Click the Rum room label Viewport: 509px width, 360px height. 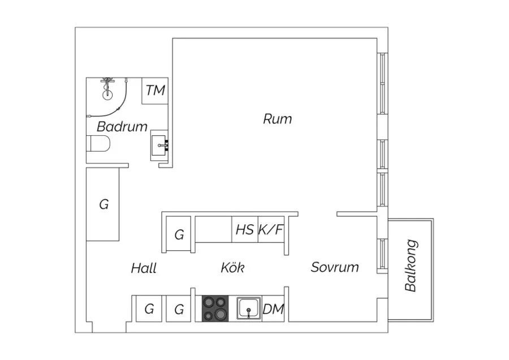pos(277,119)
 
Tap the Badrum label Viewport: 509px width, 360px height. pos(122,126)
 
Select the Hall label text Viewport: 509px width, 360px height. pos(144,268)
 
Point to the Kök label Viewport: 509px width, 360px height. pos(233,267)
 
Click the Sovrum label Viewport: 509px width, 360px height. pos(335,267)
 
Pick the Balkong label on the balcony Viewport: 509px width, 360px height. pos(411,265)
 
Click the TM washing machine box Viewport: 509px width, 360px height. pos(155,91)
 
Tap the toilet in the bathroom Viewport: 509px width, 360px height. pos(98,144)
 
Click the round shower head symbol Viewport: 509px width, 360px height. pos(107,95)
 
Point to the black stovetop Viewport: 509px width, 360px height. pos(215,308)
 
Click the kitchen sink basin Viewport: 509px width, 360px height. pos(249,308)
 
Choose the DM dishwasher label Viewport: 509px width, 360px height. pos(273,309)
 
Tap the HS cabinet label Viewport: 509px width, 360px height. pos(245,230)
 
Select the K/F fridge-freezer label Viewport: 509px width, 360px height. pos(271,230)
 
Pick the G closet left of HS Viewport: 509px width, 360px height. pos(178,234)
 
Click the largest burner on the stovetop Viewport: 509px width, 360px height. pos(221,314)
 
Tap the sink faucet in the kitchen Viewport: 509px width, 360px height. pos(249,312)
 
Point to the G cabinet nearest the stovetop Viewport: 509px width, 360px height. pos(179,308)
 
